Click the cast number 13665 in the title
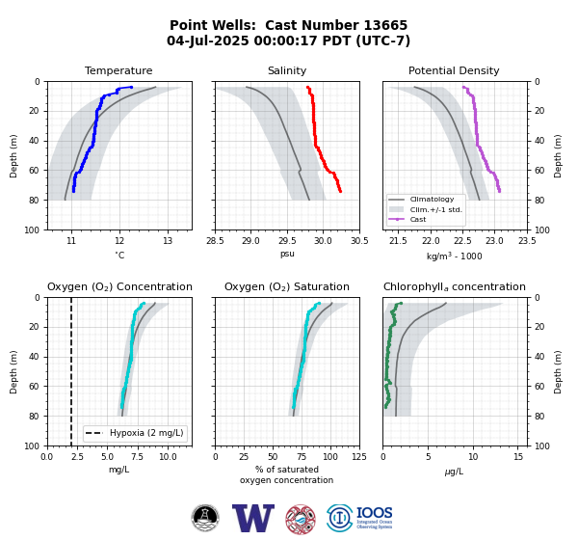(x=385, y=25)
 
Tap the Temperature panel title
(x=118, y=70)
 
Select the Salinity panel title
(x=287, y=70)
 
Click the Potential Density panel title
(x=454, y=70)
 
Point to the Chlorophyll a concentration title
(x=455, y=286)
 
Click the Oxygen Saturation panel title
(x=287, y=286)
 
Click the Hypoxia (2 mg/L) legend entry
(x=135, y=433)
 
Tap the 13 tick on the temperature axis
(x=168, y=241)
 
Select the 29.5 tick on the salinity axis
(x=287, y=241)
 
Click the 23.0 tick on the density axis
(x=495, y=241)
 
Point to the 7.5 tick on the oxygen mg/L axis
(x=138, y=457)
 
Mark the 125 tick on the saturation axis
(x=359, y=457)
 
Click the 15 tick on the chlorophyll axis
(x=518, y=457)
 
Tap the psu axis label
(x=287, y=254)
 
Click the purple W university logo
(x=253, y=518)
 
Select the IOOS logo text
(x=374, y=513)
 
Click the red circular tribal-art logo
(x=301, y=519)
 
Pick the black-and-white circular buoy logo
(x=205, y=518)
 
